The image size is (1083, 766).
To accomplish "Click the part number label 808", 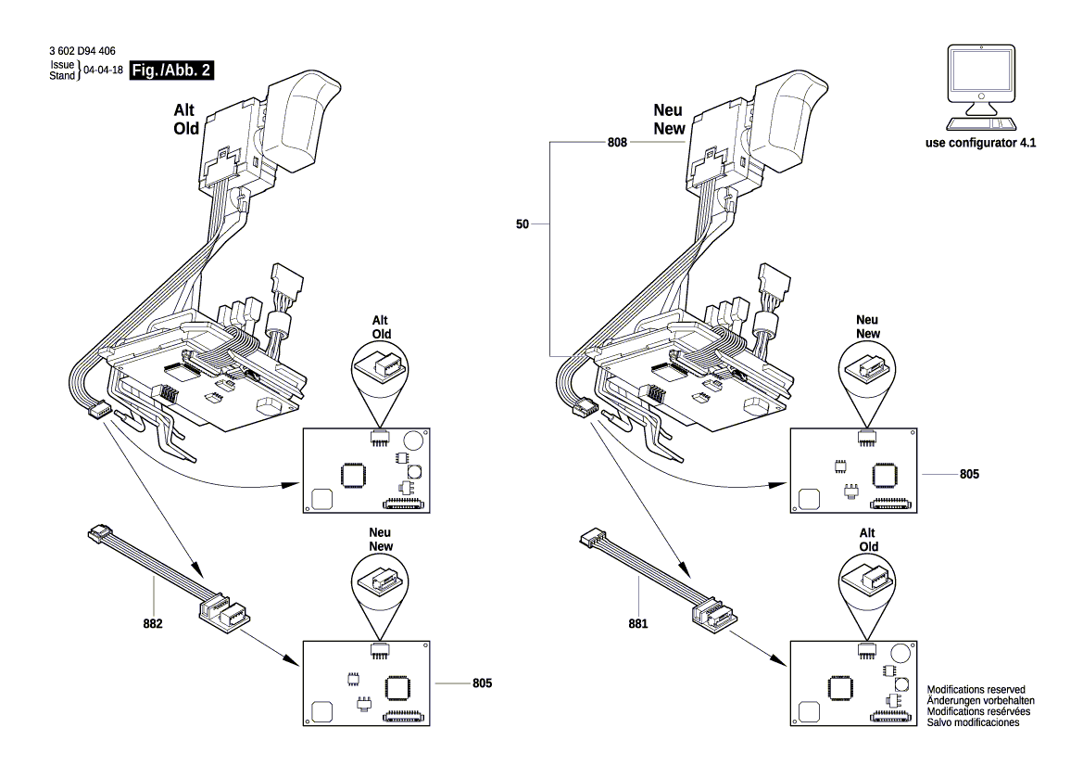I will coord(618,144).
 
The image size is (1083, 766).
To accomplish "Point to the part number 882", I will coord(153,624).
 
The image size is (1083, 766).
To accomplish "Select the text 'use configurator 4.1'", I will coord(980,145).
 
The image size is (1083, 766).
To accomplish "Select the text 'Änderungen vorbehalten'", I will coord(980,700).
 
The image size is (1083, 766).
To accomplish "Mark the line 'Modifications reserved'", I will coord(976,689).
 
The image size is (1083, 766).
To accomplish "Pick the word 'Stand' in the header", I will coord(61,75).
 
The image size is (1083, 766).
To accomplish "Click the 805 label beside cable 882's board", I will coord(480,683).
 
